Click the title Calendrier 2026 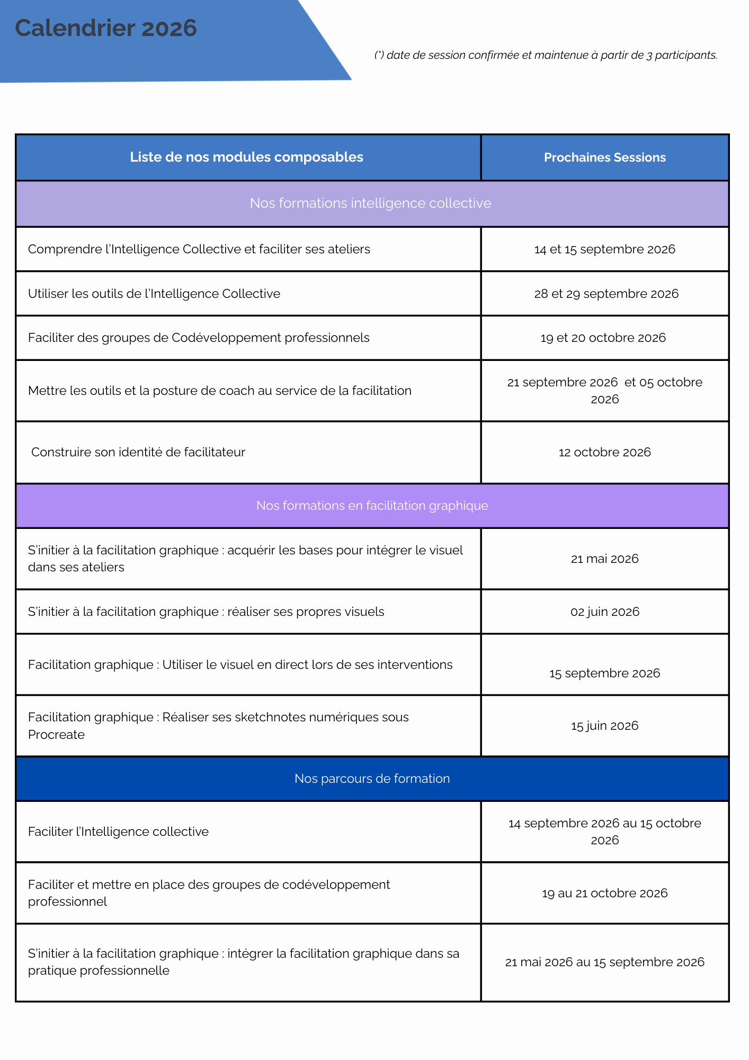[106, 28]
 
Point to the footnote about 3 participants [546, 55]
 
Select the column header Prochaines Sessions [604, 157]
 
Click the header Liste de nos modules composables [246, 157]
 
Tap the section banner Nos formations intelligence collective [370, 203]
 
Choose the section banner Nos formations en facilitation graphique [372, 506]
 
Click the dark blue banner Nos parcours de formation [372, 778]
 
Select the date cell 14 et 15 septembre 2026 [604, 249]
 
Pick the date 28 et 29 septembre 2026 [606, 294]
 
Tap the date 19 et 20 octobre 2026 [603, 338]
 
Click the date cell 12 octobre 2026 [604, 452]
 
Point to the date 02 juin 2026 [604, 612]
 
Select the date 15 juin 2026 [604, 726]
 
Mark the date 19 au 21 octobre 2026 [604, 893]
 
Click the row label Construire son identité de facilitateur [138, 452]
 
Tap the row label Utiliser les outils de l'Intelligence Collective [154, 294]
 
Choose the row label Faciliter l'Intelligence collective [118, 832]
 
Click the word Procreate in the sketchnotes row [56, 735]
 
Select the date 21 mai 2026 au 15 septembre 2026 [604, 962]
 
